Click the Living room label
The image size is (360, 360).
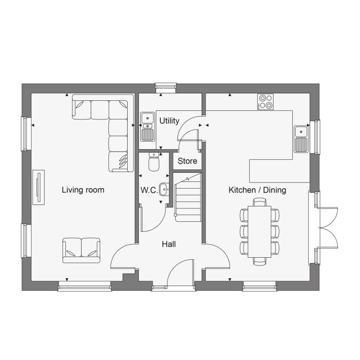[83, 190]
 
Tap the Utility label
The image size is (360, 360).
[169, 121]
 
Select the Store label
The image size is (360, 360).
[187, 161]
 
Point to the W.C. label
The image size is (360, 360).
[149, 190]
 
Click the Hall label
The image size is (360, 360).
[169, 244]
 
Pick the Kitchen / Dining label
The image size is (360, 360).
[257, 190]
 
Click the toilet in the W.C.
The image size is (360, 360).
[154, 162]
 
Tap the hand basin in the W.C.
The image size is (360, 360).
[164, 189]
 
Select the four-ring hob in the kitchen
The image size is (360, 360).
[265, 102]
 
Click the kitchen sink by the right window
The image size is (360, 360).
[301, 139]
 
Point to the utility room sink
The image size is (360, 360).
[147, 127]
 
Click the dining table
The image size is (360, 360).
[259, 232]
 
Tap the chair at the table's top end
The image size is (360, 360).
[260, 202]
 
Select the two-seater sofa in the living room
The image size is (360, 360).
[81, 250]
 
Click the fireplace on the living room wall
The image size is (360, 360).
[38, 187]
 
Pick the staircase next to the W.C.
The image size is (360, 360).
[188, 197]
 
